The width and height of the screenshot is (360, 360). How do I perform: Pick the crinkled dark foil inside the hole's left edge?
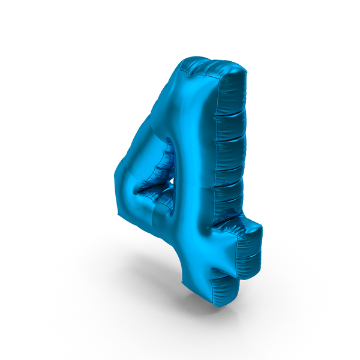click(x=154, y=180)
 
